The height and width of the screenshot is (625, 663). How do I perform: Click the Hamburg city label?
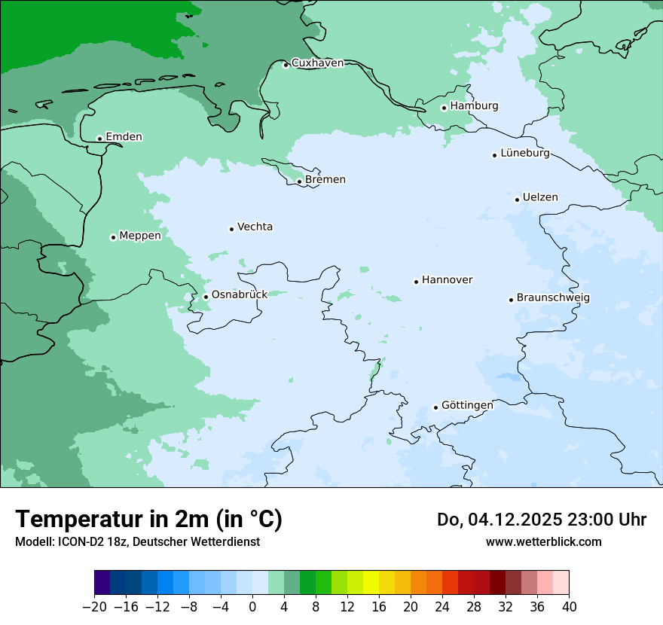click(x=474, y=106)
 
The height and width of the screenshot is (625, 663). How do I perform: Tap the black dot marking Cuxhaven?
click(x=286, y=65)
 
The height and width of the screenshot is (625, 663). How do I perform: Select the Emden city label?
click(x=124, y=137)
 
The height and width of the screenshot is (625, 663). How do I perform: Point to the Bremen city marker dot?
click(x=299, y=181)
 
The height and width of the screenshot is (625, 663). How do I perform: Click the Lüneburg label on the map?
click(x=524, y=154)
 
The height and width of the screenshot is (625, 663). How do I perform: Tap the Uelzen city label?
click(x=540, y=198)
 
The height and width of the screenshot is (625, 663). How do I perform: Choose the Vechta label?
click(x=255, y=227)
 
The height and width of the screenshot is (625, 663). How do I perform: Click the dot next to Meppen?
click(x=113, y=237)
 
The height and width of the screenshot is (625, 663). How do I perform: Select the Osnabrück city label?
click(x=239, y=295)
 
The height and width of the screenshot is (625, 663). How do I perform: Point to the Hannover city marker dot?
click(x=416, y=282)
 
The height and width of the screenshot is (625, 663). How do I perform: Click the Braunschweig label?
click(x=553, y=298)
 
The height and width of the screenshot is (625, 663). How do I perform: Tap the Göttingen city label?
click(x=467, y=406)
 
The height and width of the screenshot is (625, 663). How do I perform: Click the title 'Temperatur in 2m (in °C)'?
click(x=148, y=520)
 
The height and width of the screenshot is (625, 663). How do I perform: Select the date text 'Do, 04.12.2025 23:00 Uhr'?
click(x=541, y=520)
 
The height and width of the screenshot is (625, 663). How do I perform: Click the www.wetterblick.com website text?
click(x=543, y=542)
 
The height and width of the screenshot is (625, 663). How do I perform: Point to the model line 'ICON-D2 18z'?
click(x=137, y=542)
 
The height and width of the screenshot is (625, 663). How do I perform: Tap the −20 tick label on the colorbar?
click(x=95, y=607)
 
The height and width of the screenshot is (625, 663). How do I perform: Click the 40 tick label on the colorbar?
click(x=569, y=607)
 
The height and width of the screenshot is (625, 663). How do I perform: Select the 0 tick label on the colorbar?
click(x=252, y=607)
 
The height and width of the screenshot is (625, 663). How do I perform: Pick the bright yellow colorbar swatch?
click(x=371, y=583)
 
